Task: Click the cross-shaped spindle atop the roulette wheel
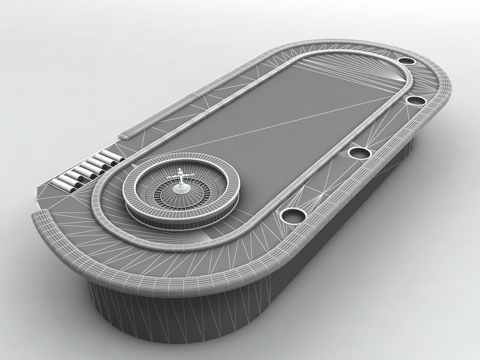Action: (180, 176)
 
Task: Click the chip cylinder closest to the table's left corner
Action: (61, 184)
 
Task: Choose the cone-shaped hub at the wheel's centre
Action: (180, 187)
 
